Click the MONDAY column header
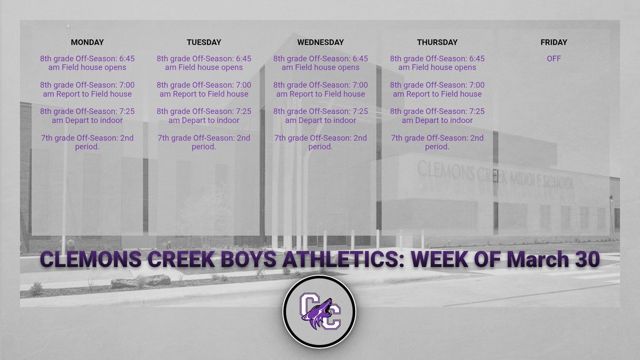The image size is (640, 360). (87, 42)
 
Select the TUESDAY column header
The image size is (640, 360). (204, 42)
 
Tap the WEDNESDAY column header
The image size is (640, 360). (321, 42)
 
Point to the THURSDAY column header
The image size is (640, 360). (437, 42)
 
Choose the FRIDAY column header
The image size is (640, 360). (554, 42)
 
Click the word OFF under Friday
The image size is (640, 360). (554, 59)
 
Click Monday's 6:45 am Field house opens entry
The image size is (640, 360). (87, 63)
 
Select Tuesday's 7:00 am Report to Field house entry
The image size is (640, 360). (204, 89)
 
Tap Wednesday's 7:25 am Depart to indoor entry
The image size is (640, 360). (321, 116)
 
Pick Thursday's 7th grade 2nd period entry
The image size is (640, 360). (437, 142)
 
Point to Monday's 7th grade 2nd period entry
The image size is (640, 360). (87, 142)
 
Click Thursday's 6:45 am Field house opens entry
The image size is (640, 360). (437, 63)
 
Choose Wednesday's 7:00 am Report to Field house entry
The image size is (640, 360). (321, 89)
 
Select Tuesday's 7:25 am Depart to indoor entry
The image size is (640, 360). (204, 116)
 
